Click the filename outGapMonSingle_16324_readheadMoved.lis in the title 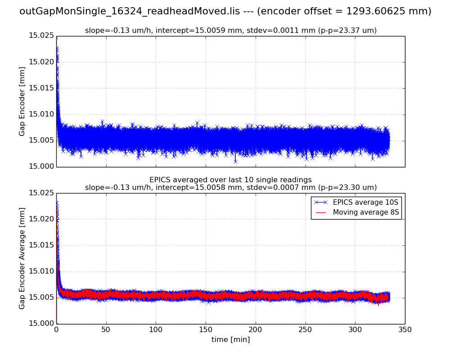[x=135, y=12]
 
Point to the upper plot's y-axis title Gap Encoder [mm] [x=22, y=101]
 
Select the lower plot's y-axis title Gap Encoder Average [x=22, y=258]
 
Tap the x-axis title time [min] [x=230, y=340]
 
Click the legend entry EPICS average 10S [x=365, y=202]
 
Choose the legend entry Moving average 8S [x=365, y=212]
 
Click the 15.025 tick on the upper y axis [x=41, y=36]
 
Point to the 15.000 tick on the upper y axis [x=41, y=166]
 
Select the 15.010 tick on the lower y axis [x=41, y=271]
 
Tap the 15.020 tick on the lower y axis [x=41, y=219]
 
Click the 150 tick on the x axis [x=206, y=329]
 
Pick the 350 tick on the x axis [x=405, y=329]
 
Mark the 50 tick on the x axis [x=106, y=329]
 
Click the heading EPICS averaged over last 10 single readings [x=230, y=180]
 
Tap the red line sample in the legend [x=320, y=212]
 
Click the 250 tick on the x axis [x=305, y=329]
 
